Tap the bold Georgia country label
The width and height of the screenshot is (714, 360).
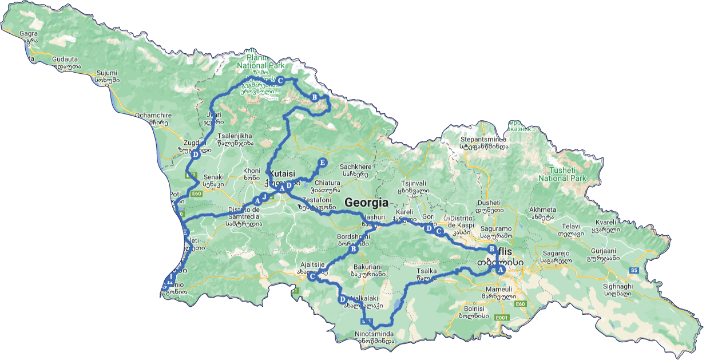point(366,203)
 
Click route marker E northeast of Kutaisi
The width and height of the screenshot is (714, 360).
point(322,163)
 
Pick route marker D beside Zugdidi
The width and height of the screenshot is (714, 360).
point(195,155)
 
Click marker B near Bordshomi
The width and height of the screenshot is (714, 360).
point(353,249)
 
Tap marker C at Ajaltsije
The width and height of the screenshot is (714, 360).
point(312,277)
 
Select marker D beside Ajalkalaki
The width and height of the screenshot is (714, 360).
point(342,299)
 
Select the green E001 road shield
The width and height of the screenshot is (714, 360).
point(502,317)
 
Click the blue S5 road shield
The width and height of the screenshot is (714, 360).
point(634,270)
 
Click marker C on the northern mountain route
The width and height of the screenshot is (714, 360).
point(281,80)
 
